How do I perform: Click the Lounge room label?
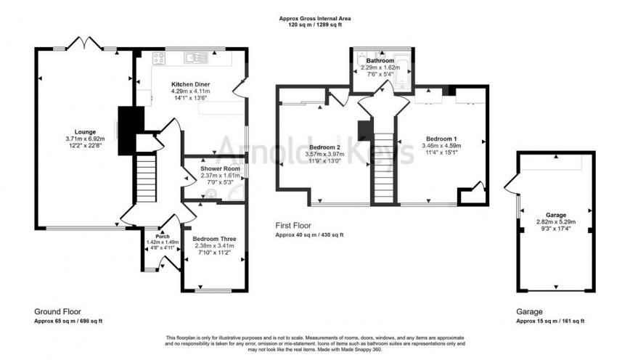pyautogui.click(x=75, y=132)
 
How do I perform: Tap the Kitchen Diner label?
pyautogui.click(x=190, y=84)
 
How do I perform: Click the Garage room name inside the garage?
pyautogui.click(x=556, y=216)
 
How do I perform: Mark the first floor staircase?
pyautogui.click(x=384, y=167)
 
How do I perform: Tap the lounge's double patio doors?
pyautogui.click(x=85, y=44)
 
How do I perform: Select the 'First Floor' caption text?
pyautogui.click(x=293, y=226)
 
